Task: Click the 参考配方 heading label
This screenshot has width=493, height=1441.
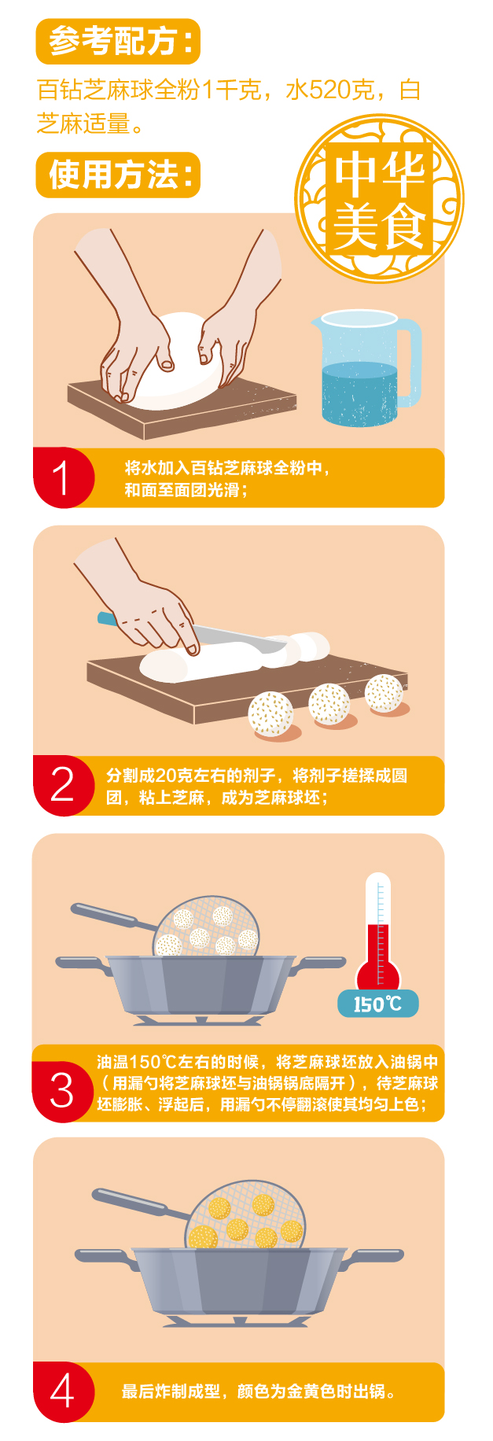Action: [x=118, y=41]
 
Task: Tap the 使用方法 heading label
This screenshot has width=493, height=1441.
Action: [x=118, y=175]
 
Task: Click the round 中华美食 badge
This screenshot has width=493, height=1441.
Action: [x=379, y=198]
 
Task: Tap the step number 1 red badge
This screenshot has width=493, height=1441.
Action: [x=63, y=477]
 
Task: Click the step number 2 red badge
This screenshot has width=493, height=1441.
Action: [x=63, y=786]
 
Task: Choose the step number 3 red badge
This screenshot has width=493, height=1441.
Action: [x=63, y=1092]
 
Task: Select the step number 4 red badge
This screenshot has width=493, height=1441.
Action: [x=63, y=1391]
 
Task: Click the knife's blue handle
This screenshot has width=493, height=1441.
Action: [x=106, y=619]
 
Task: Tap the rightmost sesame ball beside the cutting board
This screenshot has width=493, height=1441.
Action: [x=384, y=693]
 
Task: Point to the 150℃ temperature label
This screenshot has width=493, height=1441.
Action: [x=378, y=1004]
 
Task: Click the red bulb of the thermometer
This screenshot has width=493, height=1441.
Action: [x=378, y=975]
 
